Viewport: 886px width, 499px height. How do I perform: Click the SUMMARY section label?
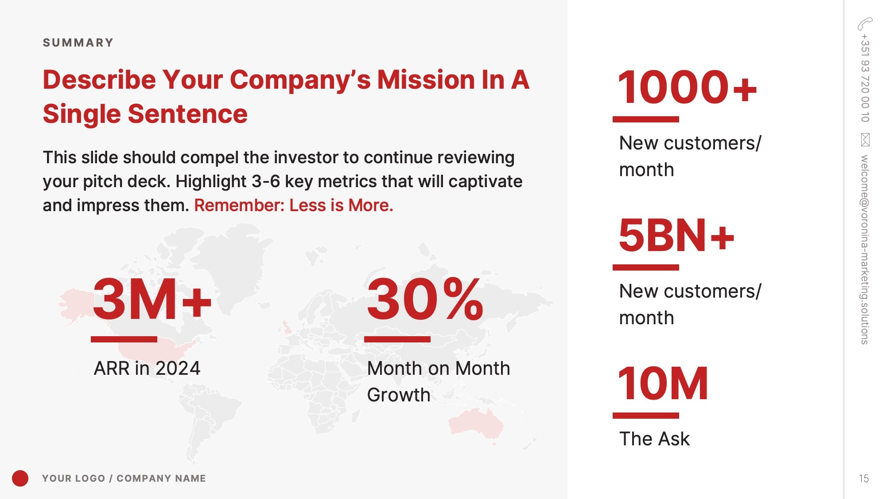(x=78, y=43)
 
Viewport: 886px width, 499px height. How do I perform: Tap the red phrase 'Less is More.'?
(x=341, y=205)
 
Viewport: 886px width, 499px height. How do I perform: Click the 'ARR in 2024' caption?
(x=147, y=368)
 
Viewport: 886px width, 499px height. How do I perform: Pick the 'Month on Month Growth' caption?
(x=439, y=381)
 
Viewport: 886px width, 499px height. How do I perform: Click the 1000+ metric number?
(x=687, y=87)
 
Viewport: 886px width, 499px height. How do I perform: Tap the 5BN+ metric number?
(x=676, y=235)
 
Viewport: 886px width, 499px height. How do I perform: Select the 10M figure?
(x=663, y=383)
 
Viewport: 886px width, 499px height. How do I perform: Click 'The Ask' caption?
(x=654, y=439)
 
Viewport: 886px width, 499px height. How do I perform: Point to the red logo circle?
(x=20, y=478)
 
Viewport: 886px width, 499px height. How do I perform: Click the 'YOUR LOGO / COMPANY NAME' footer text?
(x=124, y=478)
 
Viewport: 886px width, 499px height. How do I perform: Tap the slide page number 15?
(x=864, y=479)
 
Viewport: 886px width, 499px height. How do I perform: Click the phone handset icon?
(x=865, y=24)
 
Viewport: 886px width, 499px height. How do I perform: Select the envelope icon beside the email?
(x=865, y=140)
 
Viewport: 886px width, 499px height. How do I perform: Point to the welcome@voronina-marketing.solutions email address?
(x=865, y=249)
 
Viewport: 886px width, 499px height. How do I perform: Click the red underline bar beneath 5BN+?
(x=646, y=267)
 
